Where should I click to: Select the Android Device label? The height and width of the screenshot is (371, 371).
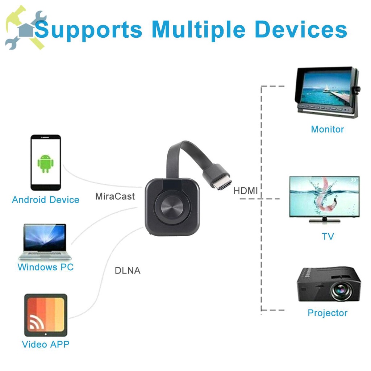46,200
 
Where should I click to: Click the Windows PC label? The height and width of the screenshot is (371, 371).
46,267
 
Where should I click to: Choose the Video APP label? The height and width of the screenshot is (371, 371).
46,344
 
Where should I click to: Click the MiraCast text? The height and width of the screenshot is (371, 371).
115,196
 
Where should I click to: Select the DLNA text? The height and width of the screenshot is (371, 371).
128,270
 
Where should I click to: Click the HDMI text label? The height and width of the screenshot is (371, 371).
245,191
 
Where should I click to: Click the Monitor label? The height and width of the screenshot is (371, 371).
328,129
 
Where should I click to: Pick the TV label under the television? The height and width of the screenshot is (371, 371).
328,237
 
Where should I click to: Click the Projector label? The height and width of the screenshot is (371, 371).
328,313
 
